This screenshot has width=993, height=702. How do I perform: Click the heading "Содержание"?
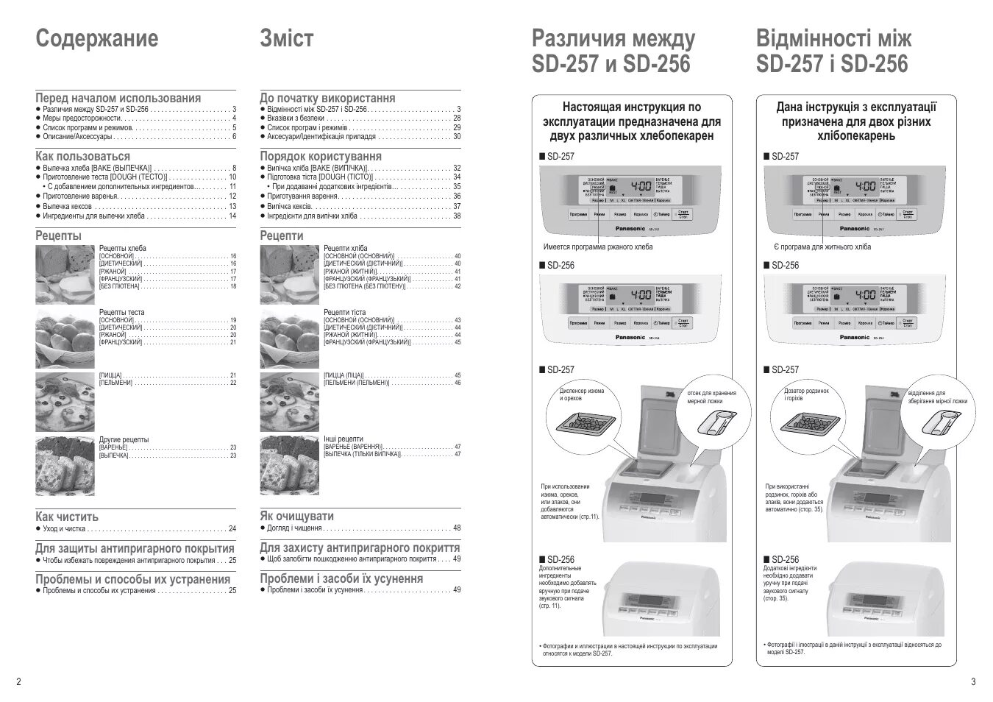tap(96, 38)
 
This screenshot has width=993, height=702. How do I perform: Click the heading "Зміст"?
tap(286, 38)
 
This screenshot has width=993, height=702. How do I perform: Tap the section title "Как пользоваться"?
tap(82, 156)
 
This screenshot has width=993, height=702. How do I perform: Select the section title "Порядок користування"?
tap(321, 156)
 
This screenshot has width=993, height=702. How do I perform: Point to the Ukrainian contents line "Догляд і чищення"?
tap(294, 528)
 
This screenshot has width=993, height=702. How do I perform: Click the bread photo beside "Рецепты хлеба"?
tap(65, 274)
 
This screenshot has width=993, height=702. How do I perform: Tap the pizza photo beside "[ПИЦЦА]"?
tap(65, 401)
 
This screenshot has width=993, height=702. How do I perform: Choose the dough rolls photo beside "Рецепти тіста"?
tap(289, 338)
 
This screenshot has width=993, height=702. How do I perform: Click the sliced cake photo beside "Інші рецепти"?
tap(289, 465)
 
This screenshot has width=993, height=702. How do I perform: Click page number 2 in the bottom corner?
tap(18, 681)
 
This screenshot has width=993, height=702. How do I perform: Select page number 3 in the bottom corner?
tap(973, 681)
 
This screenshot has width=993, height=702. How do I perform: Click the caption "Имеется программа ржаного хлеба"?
tap(597, 247)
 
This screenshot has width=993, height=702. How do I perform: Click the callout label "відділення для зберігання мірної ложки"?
tap(937, 397)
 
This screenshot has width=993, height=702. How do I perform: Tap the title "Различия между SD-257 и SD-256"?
tap(612, 52)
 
